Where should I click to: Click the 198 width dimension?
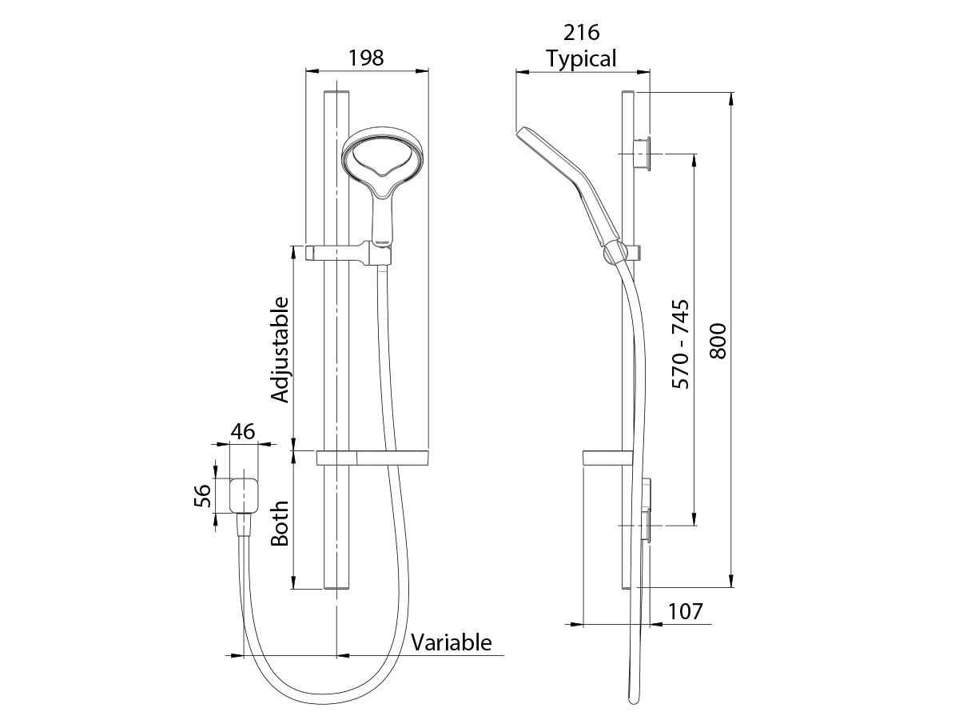pos(367,58)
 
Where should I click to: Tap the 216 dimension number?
pos(582,33)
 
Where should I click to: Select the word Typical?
pos(581,58)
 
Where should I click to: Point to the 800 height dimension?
pos(717,340)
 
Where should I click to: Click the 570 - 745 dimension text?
pos(681,345)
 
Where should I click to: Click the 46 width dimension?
pos(243,432)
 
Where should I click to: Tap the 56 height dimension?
pos(204,496)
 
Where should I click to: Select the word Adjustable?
pos(279,350)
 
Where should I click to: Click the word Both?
pos(279,524)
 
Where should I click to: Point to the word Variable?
pos(452,642)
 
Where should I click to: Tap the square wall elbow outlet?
pos(245,495)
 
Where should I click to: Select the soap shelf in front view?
pos(373,458)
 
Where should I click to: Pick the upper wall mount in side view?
pos(643,153)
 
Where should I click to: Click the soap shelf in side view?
pos(603,458)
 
